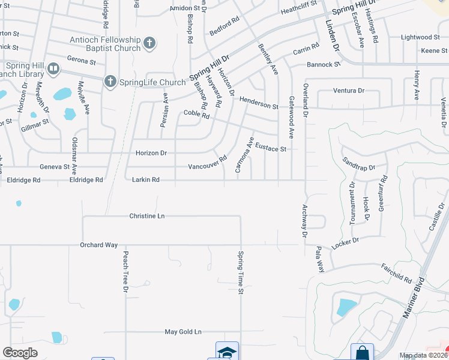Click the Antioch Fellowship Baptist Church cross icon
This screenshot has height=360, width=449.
149,43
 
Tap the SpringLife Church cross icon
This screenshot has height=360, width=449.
110,82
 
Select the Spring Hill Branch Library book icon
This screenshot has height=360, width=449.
53,70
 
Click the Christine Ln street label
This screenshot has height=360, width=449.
146,215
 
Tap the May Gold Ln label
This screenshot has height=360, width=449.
183,332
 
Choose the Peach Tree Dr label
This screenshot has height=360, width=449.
126,272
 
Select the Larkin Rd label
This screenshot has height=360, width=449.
145,179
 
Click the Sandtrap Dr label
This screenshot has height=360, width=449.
358,164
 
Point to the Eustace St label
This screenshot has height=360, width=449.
271,146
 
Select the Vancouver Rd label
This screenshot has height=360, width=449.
207,163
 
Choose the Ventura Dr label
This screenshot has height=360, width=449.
349,91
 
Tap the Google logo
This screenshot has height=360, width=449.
20,353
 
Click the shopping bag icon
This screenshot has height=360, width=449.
362,352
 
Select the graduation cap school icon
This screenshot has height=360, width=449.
227,352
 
